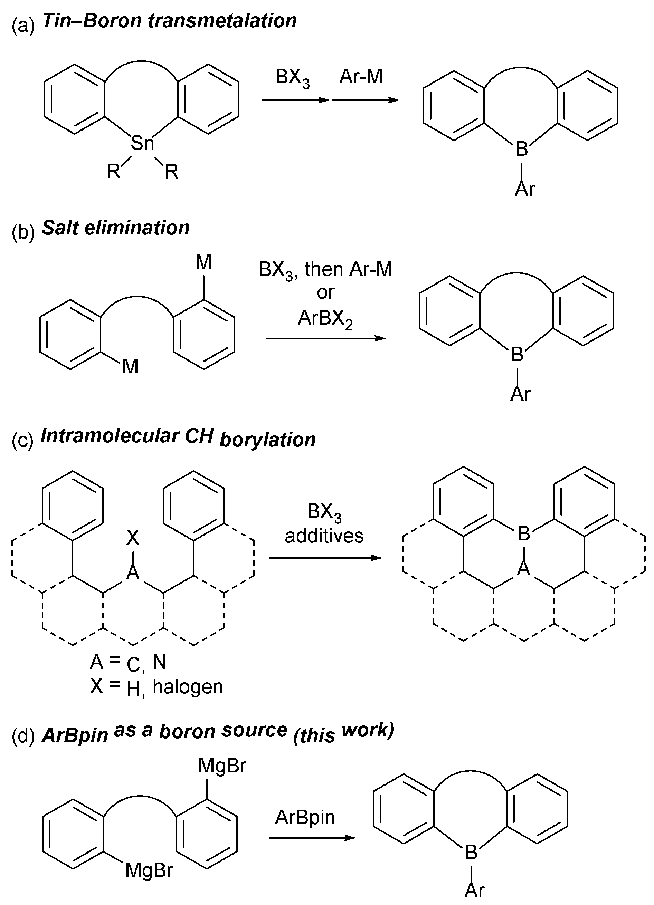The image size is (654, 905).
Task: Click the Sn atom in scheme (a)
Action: click(142, 143)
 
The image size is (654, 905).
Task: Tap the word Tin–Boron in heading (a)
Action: click(92, 21)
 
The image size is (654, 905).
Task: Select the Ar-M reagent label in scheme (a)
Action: click(361, 77)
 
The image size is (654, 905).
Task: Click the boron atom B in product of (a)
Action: click(521, 149)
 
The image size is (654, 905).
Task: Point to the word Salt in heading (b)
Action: click(60, 228)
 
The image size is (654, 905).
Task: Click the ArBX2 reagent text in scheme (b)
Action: click(325, 319)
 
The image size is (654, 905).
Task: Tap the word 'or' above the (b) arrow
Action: click(325, 293)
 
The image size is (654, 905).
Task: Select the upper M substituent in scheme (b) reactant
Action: click(203, 262)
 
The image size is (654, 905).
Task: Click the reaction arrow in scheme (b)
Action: click(326, 338)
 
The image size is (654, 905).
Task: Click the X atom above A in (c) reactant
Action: click(133, 538)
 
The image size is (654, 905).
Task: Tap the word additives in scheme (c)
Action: click(324, 536)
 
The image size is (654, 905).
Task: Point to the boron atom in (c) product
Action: click(523, 533)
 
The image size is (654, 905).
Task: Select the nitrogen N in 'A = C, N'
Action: click(159, 662)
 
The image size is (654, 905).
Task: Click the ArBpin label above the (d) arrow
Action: click(305, 818)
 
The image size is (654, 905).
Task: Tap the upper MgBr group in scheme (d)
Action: click(222, 766)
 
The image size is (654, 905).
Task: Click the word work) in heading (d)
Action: click(367, 730)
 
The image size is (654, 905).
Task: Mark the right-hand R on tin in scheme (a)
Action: click(171, 172)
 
